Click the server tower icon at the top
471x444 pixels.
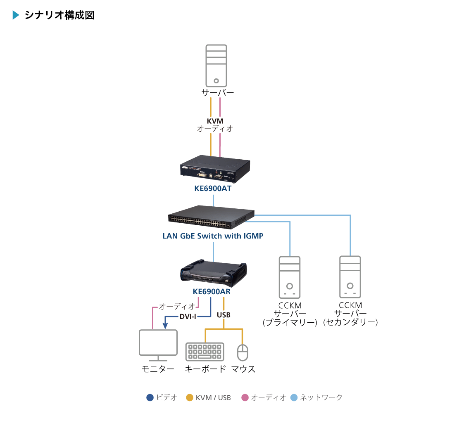coord(216,66)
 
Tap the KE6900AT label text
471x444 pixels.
coord(213,189)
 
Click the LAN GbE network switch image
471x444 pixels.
coord(211,217)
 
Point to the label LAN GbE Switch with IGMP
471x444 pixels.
coord(213,236)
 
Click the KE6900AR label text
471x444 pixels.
coord(212,292)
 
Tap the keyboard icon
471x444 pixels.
coord(205,352)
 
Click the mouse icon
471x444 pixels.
coord(243,352)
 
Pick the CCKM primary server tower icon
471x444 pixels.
coord(290,277)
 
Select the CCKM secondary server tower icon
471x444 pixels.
coord(350,277)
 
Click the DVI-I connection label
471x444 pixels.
coord(188,317)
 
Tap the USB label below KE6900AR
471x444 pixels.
coord(224,315)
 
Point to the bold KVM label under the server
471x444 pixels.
coord(215,121)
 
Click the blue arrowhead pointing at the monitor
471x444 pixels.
coord(165,326)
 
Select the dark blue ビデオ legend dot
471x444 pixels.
coord(150,397)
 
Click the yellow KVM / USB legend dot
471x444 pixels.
coord(190,397)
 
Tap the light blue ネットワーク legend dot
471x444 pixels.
coord(294,397)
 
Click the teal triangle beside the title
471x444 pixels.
coord(16,15)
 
